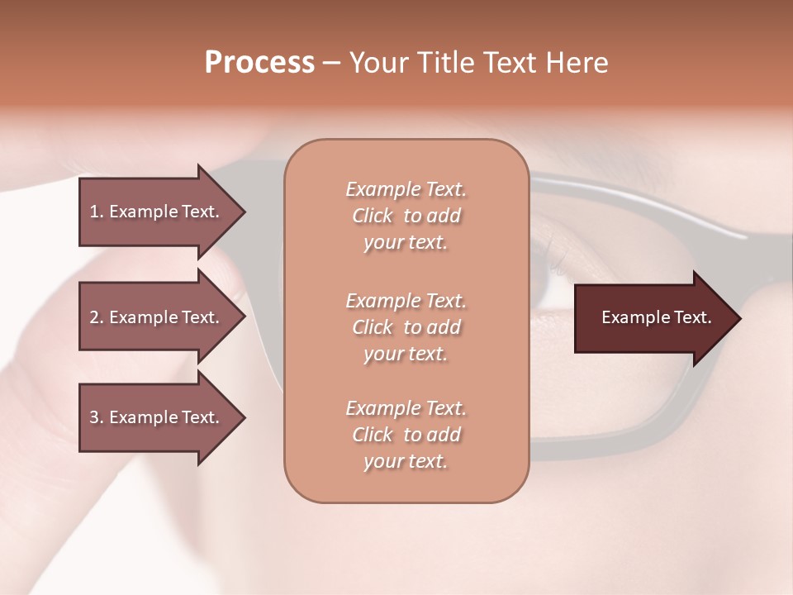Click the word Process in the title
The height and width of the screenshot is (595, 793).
coord(259,63)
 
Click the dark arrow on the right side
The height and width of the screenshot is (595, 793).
coord(653,318)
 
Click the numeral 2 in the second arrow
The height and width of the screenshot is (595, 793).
coord(94,317)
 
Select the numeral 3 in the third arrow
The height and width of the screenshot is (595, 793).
coord(94,417)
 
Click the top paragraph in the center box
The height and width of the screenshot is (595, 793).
coord(406,216)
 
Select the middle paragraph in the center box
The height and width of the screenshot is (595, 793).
coord(406,327)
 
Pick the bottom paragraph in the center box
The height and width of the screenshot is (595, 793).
coord(406,435)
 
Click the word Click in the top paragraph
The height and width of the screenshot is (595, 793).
coord(373,216)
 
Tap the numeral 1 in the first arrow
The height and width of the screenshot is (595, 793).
coord(94,212)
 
